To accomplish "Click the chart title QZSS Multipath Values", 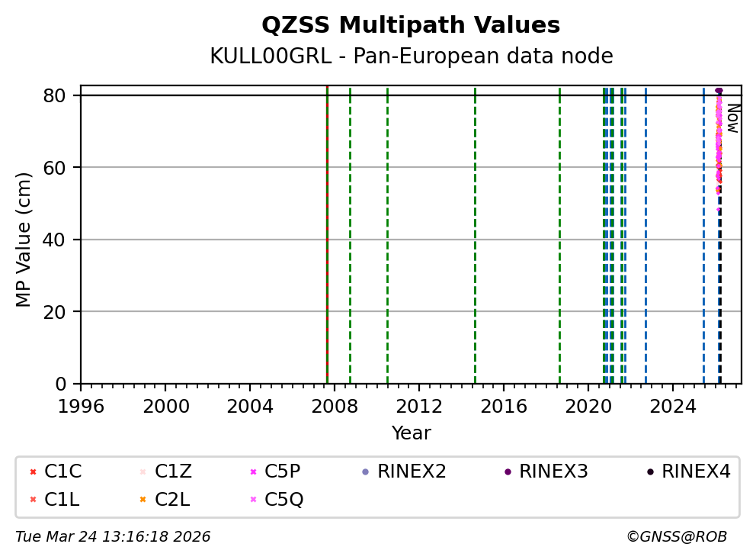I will click(411, 25).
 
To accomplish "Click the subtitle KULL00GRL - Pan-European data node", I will click(411, 56).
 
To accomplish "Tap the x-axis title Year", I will click(411, 433).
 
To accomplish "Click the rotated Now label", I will click(732, 118).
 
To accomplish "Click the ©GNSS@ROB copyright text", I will click(676, 537).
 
